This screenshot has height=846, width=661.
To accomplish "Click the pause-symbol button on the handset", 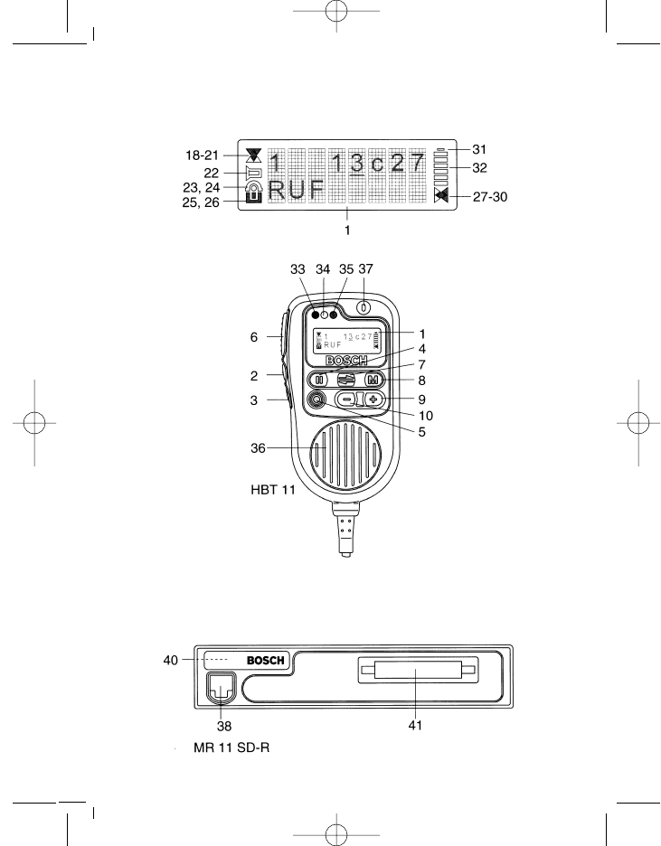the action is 318,381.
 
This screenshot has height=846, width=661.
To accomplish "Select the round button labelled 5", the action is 317,399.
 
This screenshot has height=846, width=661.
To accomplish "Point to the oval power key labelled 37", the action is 364,307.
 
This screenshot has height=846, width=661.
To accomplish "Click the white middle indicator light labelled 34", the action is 324,315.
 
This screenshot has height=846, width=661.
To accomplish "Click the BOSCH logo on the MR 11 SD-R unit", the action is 266,661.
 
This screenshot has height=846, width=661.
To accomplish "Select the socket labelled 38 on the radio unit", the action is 220,691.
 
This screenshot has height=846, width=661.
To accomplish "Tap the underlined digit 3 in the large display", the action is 356,164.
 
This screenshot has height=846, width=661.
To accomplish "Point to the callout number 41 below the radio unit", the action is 414,724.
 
